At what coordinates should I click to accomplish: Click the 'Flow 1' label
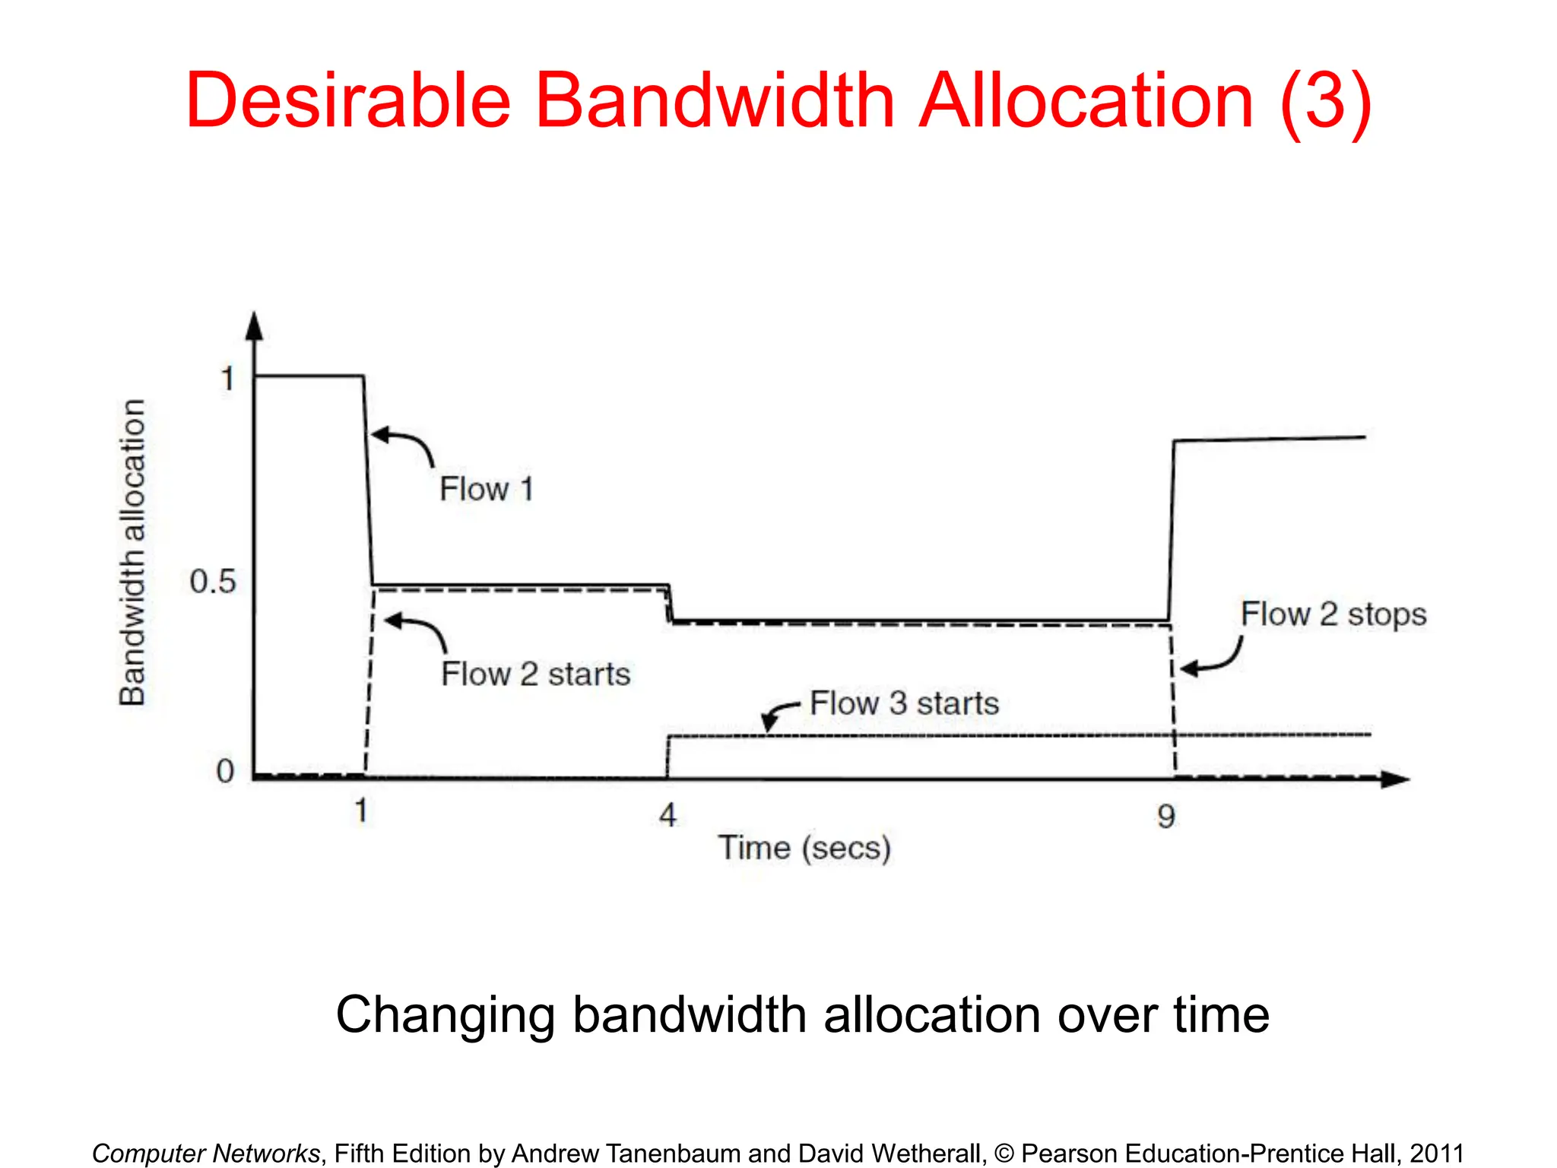pos(487,489)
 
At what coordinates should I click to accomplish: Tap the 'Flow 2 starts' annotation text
pos(536,674)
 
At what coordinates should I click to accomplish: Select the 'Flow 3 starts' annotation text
pos(904,703)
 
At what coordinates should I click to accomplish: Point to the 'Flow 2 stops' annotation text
pos(1333,614)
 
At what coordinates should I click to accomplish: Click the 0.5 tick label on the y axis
pos(213,582)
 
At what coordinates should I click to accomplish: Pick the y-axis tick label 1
pos(227,379)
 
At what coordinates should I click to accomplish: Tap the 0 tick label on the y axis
pos(225,772)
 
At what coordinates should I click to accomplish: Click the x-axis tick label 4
pos(668,816)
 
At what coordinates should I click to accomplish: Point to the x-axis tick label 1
pos(361,811)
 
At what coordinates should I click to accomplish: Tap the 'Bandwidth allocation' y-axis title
pos(133,553)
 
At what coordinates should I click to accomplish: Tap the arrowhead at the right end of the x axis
pos(1394,779)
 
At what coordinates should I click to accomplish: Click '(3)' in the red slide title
pos(1326,100)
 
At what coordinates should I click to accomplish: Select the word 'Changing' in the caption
pos(446,1015)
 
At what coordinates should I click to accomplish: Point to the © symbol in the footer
pos(1004,1154)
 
